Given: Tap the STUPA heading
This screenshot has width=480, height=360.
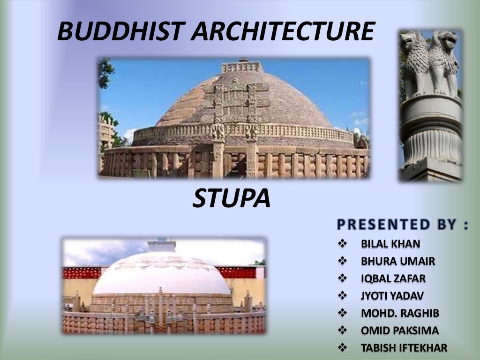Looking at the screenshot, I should point(232,199).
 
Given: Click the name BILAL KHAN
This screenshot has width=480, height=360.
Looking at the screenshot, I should point(390,244).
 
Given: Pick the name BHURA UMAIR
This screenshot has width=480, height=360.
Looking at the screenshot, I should point(397,261).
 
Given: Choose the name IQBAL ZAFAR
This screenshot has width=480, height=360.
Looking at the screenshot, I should point(393,278).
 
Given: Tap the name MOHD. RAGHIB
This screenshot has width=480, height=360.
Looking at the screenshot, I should point(400,313).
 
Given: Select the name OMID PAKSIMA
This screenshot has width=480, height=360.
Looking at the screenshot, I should point(400,330).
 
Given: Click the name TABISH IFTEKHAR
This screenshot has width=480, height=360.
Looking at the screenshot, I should point(404,348).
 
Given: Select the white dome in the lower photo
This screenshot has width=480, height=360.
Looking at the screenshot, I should point(162,277).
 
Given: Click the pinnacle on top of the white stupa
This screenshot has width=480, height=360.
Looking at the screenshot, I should point(161,245).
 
